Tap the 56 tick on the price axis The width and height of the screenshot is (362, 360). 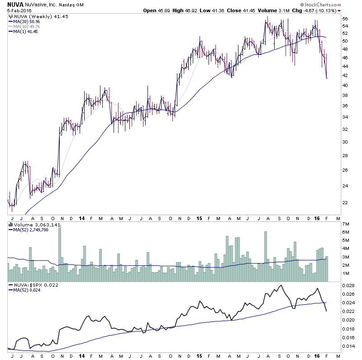(x=345, y=19)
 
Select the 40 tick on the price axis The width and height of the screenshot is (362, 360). (x=345, y=85)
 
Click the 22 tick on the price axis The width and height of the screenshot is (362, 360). (x=345, y=202)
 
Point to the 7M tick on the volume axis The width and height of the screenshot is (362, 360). (x=346, y=224)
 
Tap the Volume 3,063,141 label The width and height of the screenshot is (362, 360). (x=32, y=224)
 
